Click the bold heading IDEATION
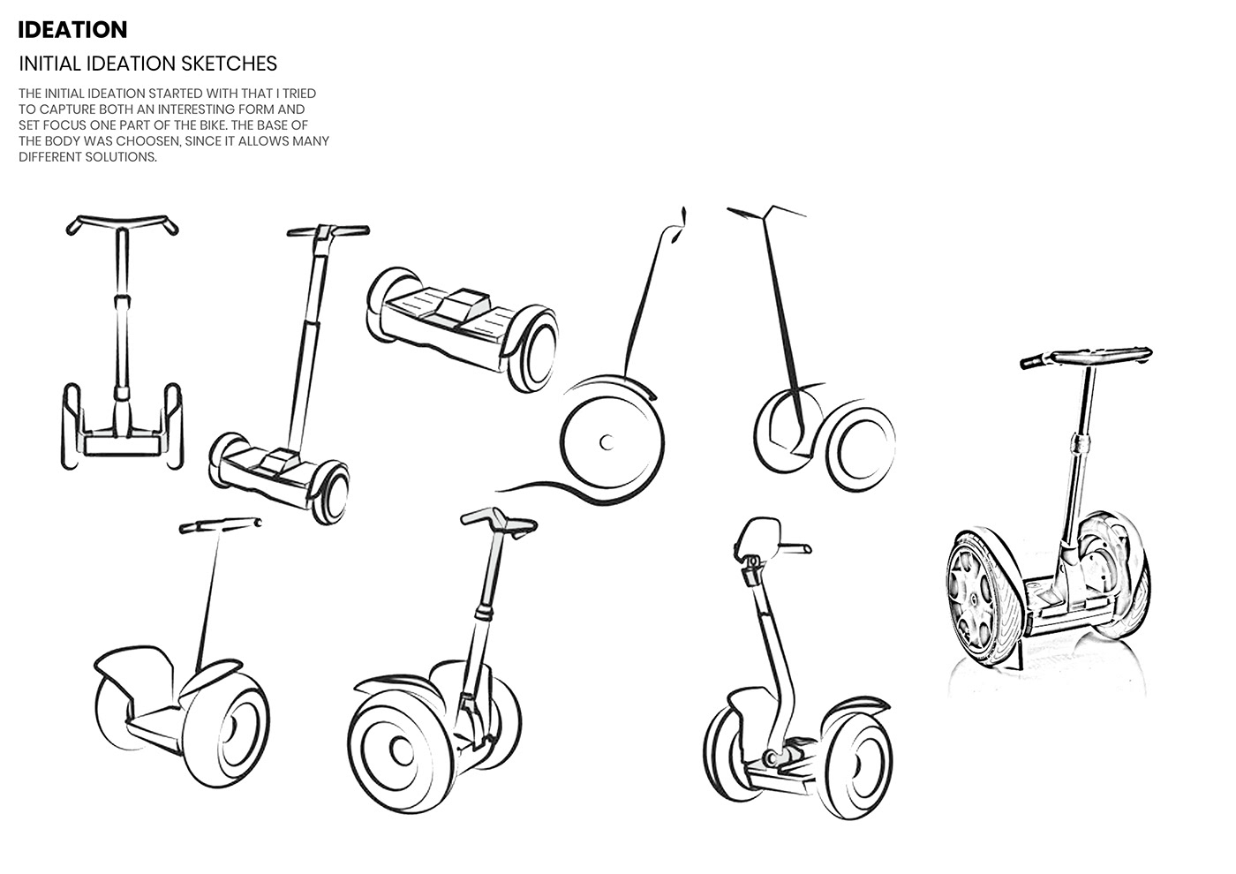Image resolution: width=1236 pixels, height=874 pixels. tap(73, 29)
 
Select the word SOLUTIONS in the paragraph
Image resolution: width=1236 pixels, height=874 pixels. tap(120, 156)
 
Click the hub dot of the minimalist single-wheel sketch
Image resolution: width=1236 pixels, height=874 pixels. tap(606, 441)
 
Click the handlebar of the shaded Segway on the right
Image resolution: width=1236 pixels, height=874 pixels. tap(1087, 357)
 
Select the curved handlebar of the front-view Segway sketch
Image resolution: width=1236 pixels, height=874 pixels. tap(124, 224)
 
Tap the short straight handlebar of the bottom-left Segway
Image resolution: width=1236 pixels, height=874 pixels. tap(221, 526)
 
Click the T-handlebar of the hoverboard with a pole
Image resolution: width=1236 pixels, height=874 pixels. tap(328, 231)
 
